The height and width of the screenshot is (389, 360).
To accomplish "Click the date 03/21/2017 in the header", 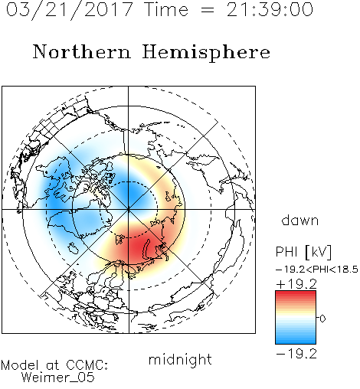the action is pyautogui.click(x=70, y=10).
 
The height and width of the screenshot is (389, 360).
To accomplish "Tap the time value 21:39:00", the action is pyautogui.click(x=270, y=9).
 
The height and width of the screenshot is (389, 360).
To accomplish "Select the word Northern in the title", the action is pyautogui.click(x=82, y=51).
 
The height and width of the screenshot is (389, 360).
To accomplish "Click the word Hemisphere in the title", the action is pyautogui.click(x=206, y=53).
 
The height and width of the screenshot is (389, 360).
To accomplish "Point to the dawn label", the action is pyautogui.click(x=300, y=220).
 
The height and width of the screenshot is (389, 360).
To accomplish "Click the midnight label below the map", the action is pyautogui.click(x=180, y=359).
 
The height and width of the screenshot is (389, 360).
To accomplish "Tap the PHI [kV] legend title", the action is pyautogui.click(x=303, y=252).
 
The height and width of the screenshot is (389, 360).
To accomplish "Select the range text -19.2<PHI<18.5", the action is pyautogui.click(x=317, y=270).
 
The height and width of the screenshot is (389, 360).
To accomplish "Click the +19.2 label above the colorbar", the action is pyautogui.click(x=296, y=284).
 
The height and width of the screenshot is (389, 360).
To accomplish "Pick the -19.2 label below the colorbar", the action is pyautogui.click(x=296, y=354).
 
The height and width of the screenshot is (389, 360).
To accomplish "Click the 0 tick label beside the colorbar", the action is pyautogui.click(x=322, y=319).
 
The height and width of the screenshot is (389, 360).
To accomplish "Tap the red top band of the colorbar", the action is pyautogui.click(x=296, y=294).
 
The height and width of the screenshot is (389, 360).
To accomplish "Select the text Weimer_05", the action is pyautogui.click(x=57, y=377).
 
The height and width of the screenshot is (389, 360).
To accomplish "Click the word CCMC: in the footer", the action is pyautogui.click(x=87, y=365).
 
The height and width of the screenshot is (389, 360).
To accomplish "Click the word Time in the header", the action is pyautogui.click(x=166, y=9).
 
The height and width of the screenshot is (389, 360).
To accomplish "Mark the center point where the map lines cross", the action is pyautogui.click(x=129, y=210).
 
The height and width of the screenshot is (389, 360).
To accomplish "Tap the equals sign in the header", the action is pyautogui.click(x=208, y=10).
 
